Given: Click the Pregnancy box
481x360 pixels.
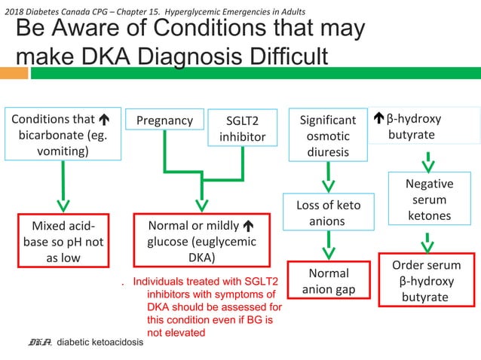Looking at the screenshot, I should coord(164,121).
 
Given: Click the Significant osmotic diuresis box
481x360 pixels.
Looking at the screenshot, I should coord(327,136).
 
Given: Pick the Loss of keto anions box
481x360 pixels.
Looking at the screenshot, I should coord(327,212).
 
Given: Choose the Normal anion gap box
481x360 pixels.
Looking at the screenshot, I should coord(329,281).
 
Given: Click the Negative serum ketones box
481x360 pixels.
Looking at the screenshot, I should coord(429,199).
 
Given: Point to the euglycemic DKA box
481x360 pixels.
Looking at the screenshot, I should coord(201,241).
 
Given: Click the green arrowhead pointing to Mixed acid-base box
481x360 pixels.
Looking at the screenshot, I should coord(63,204).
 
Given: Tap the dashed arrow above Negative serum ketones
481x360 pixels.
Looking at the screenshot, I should coord(427,161).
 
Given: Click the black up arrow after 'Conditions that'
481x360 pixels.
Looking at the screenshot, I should coord(102,119).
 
